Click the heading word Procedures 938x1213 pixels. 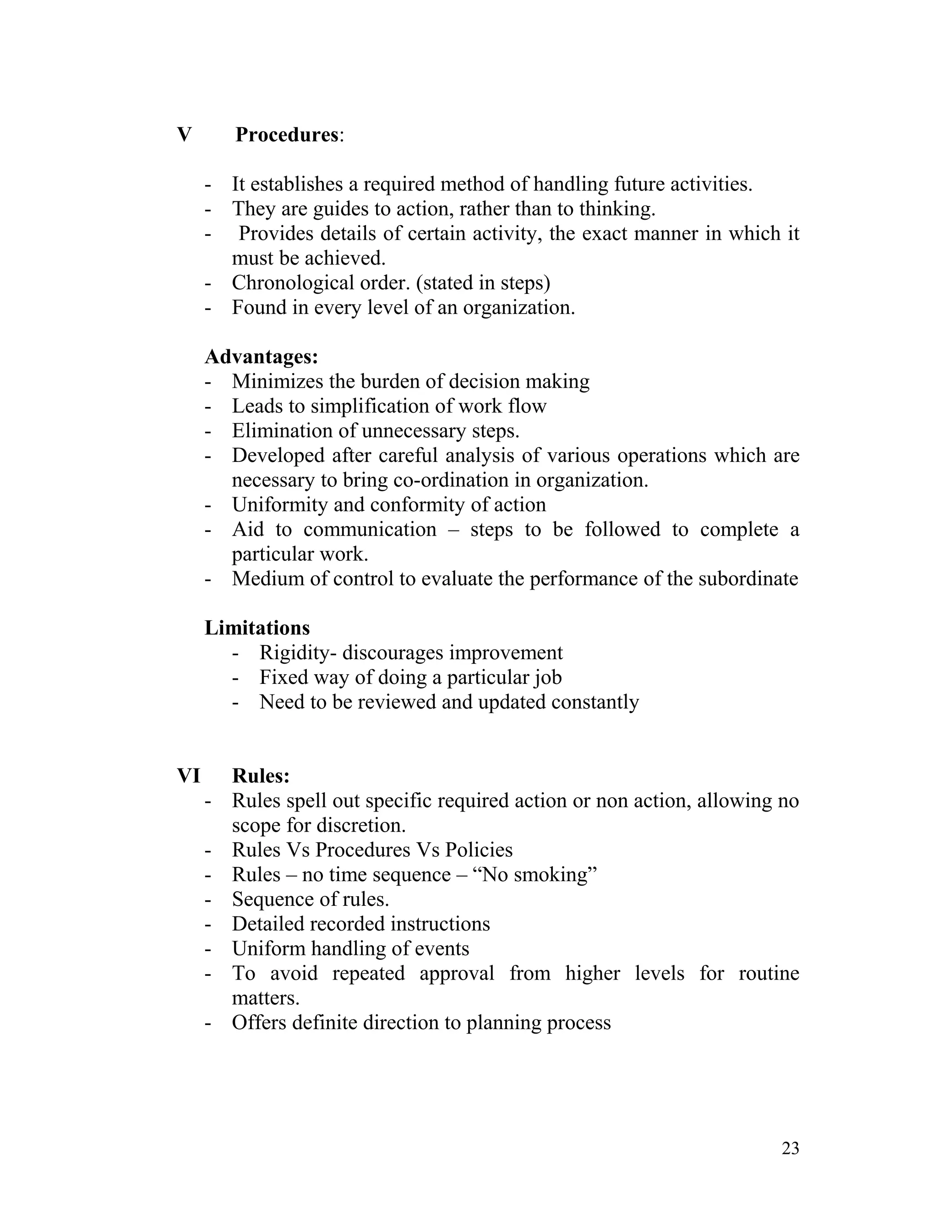click(x=286, y=135)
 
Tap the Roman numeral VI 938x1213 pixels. click(x=188, y=776)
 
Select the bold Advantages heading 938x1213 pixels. click(x=261, y=357)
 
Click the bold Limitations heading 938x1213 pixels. click(x=257, y=628)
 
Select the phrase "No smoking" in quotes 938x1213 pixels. click(x=538, y=875)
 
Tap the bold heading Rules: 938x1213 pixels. click(x=261, y=776)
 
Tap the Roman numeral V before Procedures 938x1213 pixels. click(x=185, y=135)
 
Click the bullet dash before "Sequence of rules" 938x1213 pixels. click(x=208, y=900)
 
